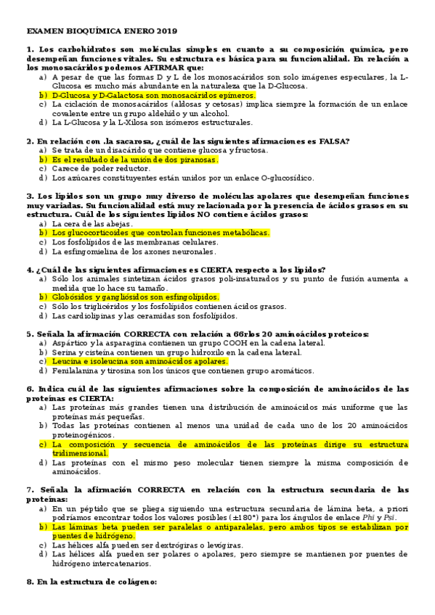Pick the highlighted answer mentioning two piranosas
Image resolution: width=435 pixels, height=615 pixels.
(x=135, y=159)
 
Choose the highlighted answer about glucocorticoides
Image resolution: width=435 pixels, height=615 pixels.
(x=160, y=233)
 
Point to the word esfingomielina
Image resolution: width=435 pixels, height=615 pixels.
(x=94, y=252)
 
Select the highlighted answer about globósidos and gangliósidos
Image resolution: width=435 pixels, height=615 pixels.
(x=135, y=297)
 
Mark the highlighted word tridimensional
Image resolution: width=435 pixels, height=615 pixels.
(x=80, y=453)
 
